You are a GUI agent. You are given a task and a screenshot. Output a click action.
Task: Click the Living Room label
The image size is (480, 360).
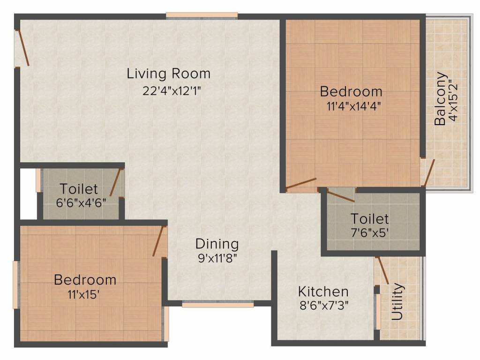[169, 74]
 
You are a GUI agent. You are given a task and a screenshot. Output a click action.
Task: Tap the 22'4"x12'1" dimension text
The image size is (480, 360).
[172, 90]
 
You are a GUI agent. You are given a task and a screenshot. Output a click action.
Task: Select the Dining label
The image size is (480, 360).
[217, 244]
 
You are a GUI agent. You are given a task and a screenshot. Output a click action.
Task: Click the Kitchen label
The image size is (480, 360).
[323, 292]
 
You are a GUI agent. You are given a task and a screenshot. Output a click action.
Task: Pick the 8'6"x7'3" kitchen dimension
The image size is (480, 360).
[323, 306]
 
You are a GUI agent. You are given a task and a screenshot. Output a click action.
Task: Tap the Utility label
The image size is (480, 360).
[397, 301]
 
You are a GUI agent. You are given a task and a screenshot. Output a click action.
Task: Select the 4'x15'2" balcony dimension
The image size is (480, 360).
[453, 100]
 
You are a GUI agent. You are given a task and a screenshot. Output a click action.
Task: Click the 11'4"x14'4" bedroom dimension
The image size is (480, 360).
[351, 105]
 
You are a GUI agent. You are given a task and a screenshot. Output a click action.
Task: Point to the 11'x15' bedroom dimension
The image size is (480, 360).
[84, 295]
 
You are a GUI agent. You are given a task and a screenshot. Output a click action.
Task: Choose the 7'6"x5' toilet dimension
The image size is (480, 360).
[370, 232]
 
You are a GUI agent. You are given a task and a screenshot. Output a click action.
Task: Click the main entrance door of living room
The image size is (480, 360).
[23, 48]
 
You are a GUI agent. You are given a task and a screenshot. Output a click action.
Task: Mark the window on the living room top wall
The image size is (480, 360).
[202, 16]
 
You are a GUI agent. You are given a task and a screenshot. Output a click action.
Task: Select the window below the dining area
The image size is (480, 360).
[217, 304]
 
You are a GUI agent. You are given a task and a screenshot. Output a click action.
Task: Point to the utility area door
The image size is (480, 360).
[382, 270]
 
